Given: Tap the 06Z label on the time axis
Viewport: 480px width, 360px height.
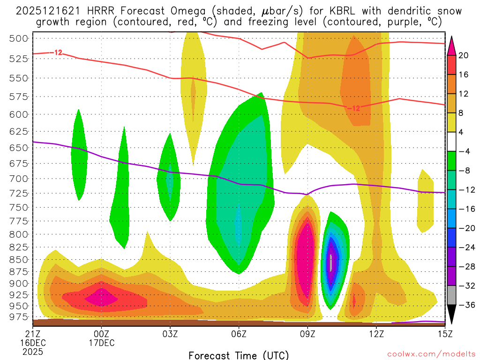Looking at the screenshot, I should pyautogui.click(x=239, y=334).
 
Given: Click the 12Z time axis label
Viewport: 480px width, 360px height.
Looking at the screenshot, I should pyautogui.click(x=376, y=334).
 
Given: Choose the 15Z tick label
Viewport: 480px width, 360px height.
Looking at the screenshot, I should pyautogui.click(x=444, y=334).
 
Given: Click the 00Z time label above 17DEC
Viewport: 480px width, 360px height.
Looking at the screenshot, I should pyautogui.click(x=102, y=334).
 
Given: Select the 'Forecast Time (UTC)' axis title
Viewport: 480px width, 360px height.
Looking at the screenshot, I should pyautogui.click(x=239, y=355).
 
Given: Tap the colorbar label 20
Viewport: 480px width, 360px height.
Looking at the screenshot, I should pyautogui.click(x=464, y=55).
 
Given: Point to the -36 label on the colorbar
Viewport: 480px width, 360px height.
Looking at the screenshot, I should pyautogui.click(x=464, y=305).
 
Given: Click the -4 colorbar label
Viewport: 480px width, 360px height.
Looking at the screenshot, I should pyautogui.click(x=464, y=151).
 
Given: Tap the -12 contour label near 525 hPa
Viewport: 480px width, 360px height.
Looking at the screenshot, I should pyautogui.click(x=57, y=52).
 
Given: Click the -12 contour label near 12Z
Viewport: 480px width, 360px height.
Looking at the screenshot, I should pyautogui.click(x=354, y=108).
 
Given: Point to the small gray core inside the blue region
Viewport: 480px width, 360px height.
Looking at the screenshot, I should pyautogui.click(x=331, y=262).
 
